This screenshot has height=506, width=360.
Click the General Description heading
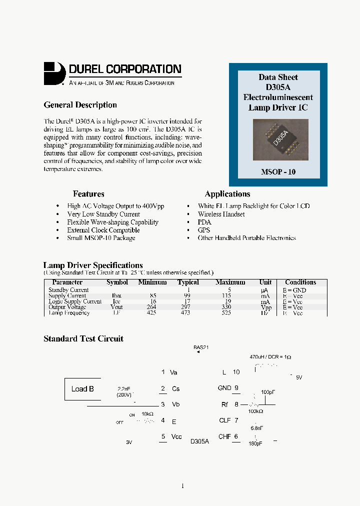click(80, 105)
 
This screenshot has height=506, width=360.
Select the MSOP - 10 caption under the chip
click(278, 171)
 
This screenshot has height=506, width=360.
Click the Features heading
click(88, 194)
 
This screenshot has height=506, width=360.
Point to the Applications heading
click(227, 194)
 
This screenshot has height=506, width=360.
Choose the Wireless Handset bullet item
click(221, 214)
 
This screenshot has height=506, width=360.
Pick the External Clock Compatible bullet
click(103, 230)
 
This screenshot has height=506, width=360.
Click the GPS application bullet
click(204, 230)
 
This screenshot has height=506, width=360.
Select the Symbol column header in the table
click(117, 282)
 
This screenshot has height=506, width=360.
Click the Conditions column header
click(300, 282)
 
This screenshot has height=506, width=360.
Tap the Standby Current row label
click(68, 290)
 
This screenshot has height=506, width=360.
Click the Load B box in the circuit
click(83, 389)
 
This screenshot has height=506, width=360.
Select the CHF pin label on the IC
click(224, 436)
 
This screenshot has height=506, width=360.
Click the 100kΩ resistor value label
click(255, 411)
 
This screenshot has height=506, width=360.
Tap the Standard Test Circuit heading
click(83, 339)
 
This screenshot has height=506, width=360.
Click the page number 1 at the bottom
click(182, 485)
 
